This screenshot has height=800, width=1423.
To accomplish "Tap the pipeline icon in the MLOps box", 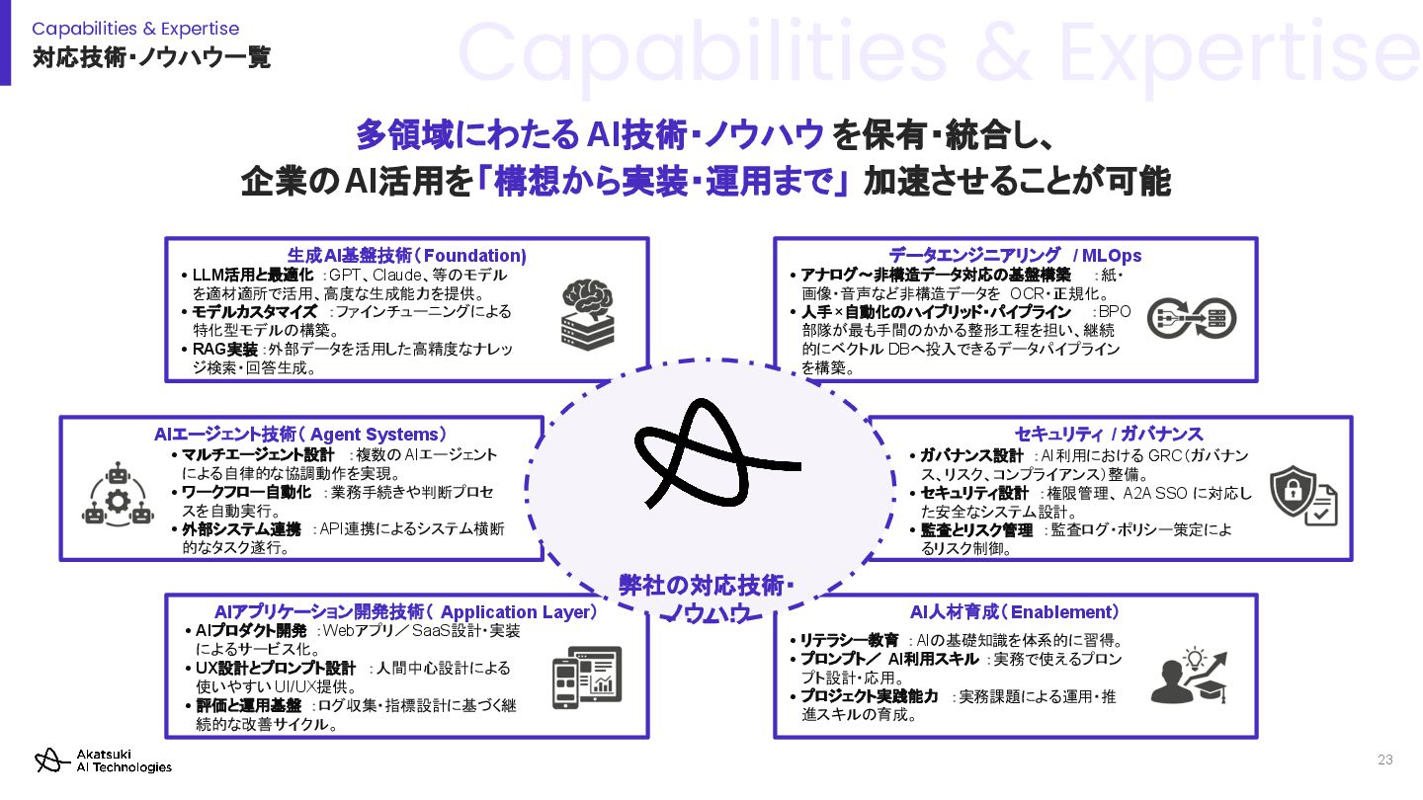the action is [1187, 317].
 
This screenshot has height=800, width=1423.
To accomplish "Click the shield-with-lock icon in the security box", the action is [1303, 495].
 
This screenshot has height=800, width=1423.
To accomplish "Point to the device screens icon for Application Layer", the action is [586, 678].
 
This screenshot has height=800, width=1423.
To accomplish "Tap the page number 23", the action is [1384, 760].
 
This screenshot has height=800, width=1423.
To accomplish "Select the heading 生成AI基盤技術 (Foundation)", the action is [406, 255].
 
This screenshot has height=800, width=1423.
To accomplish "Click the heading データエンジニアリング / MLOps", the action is [1016, 255].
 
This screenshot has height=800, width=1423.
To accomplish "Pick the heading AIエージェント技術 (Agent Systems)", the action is [300, 434].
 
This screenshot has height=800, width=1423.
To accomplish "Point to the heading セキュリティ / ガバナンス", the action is [1108, 434].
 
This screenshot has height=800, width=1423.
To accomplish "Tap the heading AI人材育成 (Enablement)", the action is [1014, 611].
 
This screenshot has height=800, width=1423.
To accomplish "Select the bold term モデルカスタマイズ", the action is [255, 312].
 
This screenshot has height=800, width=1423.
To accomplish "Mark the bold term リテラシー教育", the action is [849, 639].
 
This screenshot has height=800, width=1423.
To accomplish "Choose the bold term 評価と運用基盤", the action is [248, 706].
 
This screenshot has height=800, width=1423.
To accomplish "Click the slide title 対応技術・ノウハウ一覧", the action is [151, 57].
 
